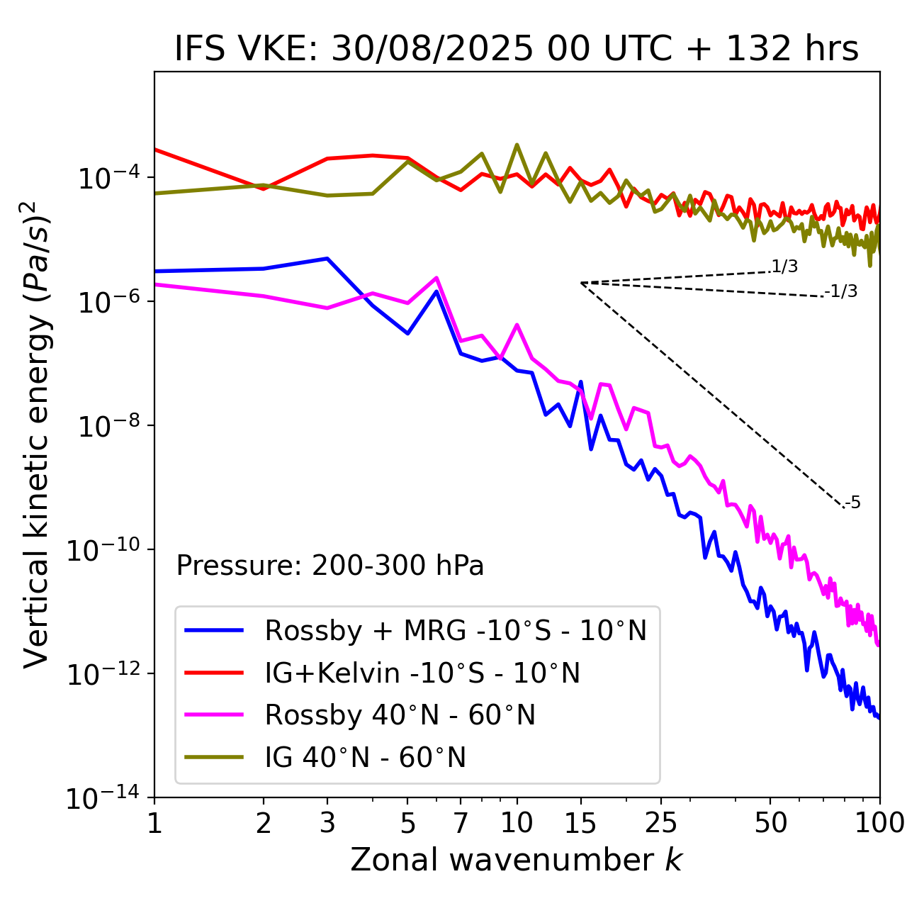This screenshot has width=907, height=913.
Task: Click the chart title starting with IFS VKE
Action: point(516,48)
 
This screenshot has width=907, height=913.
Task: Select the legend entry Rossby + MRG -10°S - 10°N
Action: point(456,630)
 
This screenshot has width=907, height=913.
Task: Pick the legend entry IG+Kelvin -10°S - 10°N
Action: point(422,673)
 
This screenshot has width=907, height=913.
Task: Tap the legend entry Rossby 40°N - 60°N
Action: point(400,715)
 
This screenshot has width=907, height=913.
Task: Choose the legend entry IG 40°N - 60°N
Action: point(365,758)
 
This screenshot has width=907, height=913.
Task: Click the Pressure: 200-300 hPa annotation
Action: point(329,566)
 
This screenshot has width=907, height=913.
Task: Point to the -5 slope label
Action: point(852,503)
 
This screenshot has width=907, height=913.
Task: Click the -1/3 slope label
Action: point(841,291)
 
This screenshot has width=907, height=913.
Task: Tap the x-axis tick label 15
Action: point(580,823)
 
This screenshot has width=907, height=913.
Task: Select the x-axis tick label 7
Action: point(461,823)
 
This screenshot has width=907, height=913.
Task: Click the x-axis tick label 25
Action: point(661,823)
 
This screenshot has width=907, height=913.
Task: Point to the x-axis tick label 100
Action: point(879,823)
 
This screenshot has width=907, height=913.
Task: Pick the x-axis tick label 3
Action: point(327,823)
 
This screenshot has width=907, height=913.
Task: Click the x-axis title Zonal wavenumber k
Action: point(516,860)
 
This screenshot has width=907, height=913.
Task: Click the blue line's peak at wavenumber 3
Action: point(327,258)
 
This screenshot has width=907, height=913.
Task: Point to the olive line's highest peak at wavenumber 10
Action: point(517,145)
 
